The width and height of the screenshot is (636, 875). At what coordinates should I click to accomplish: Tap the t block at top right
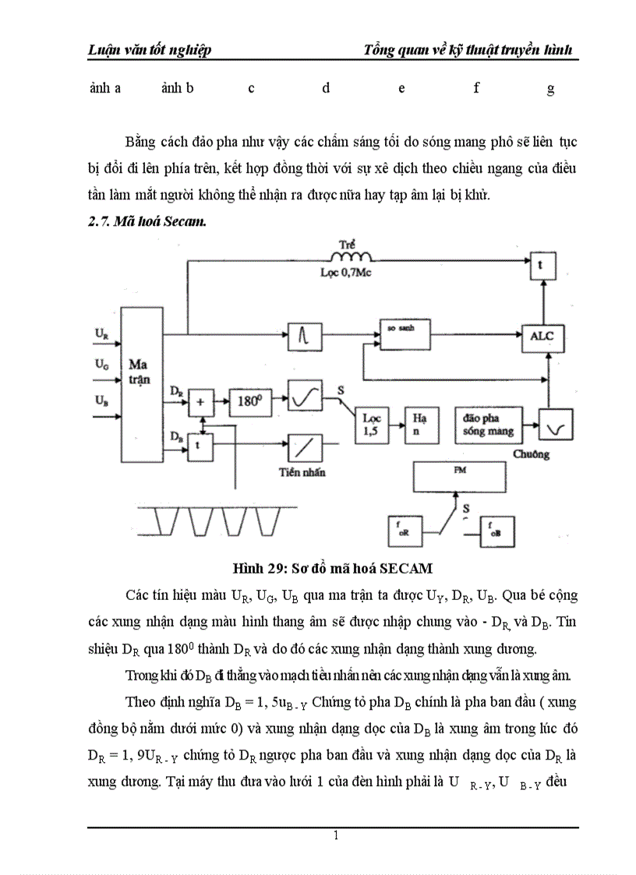pos(542,265)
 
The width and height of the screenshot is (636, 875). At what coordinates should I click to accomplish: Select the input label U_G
pos(102,364)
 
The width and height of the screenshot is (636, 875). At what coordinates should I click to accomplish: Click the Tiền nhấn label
pos(302,472)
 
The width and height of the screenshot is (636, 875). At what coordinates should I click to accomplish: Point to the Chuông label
pos(532,453)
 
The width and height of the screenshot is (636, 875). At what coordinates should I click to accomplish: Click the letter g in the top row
pos(550,88)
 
